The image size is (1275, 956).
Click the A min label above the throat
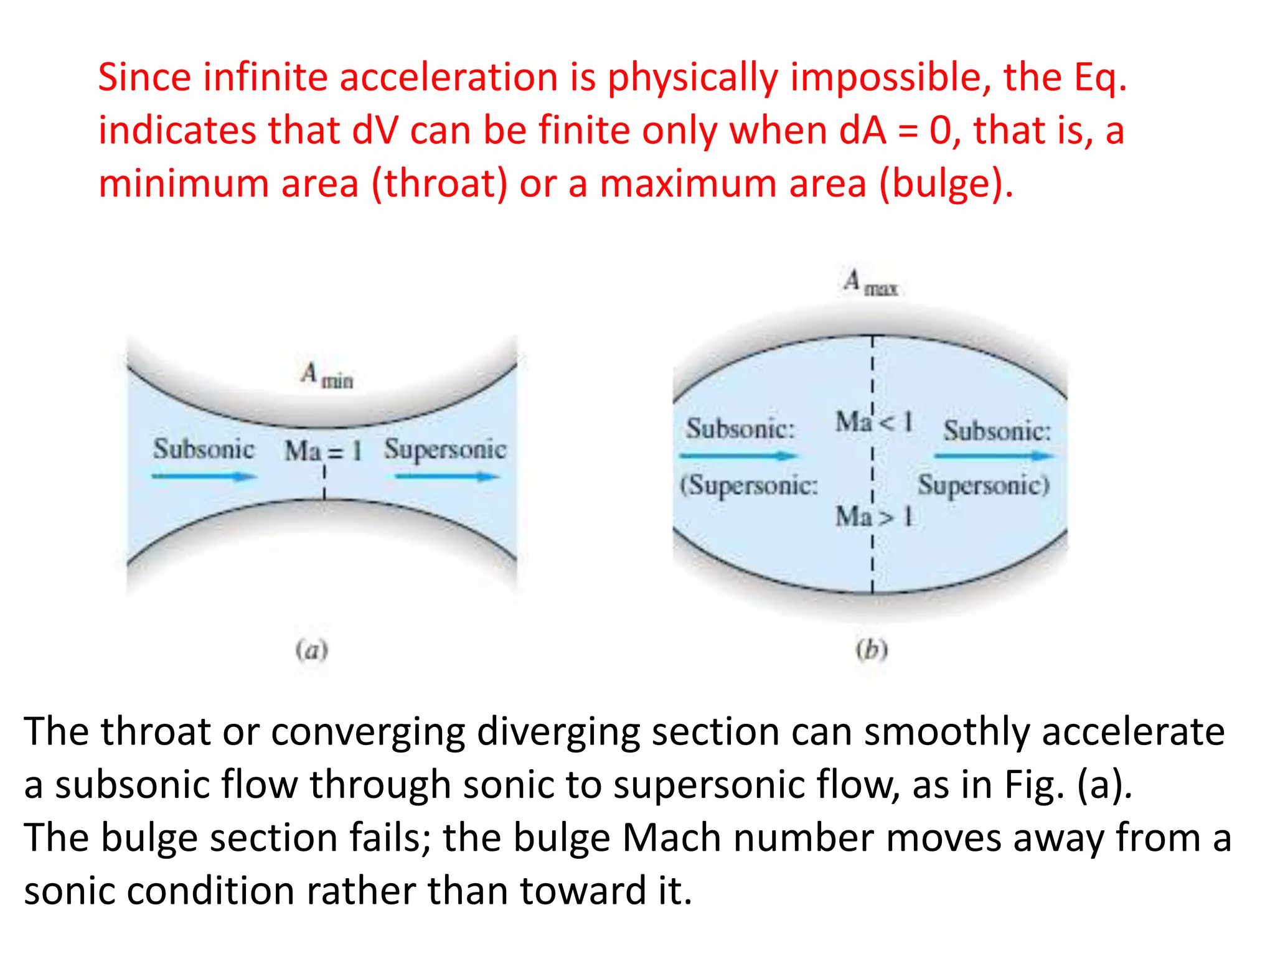[327, 375]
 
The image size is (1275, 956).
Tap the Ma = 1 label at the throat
[322, 450]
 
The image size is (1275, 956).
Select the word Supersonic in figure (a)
[445, 449]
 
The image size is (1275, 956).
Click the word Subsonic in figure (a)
[204, 449]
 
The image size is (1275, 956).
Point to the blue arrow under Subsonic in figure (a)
[204, 477]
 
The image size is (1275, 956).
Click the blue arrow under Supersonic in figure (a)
[446, 477]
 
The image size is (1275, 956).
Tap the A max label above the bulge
[870, 283]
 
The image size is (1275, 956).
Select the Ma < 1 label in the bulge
[873, 422]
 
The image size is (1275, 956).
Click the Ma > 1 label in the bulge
[873, 517]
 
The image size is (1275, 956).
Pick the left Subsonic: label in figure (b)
[740, 428]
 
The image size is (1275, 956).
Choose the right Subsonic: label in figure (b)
[997, 430]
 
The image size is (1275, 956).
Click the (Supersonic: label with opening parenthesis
[748, 485]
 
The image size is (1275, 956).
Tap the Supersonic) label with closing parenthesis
[984, 485]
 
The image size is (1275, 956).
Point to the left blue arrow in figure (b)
[738, 456]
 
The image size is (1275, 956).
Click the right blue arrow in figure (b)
[994, 456]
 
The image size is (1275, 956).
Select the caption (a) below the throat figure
[311, 650]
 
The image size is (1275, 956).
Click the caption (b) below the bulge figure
[872, 650]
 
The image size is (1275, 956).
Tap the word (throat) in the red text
[440, 185]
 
